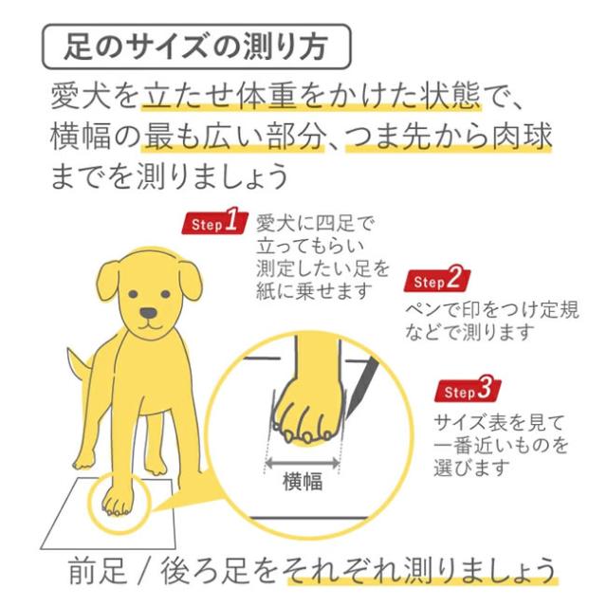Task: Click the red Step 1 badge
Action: [213, 224]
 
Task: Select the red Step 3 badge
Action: [470, 390]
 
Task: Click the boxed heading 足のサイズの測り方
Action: [197, 45]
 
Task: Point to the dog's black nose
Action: [149, 313]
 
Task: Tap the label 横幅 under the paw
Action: [303, 481]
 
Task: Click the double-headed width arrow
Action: [303, 461]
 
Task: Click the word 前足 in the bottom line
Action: [93, 571]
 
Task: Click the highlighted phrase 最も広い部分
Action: [234, 138]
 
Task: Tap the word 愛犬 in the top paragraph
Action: [78, 97]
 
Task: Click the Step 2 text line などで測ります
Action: [469, 332]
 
